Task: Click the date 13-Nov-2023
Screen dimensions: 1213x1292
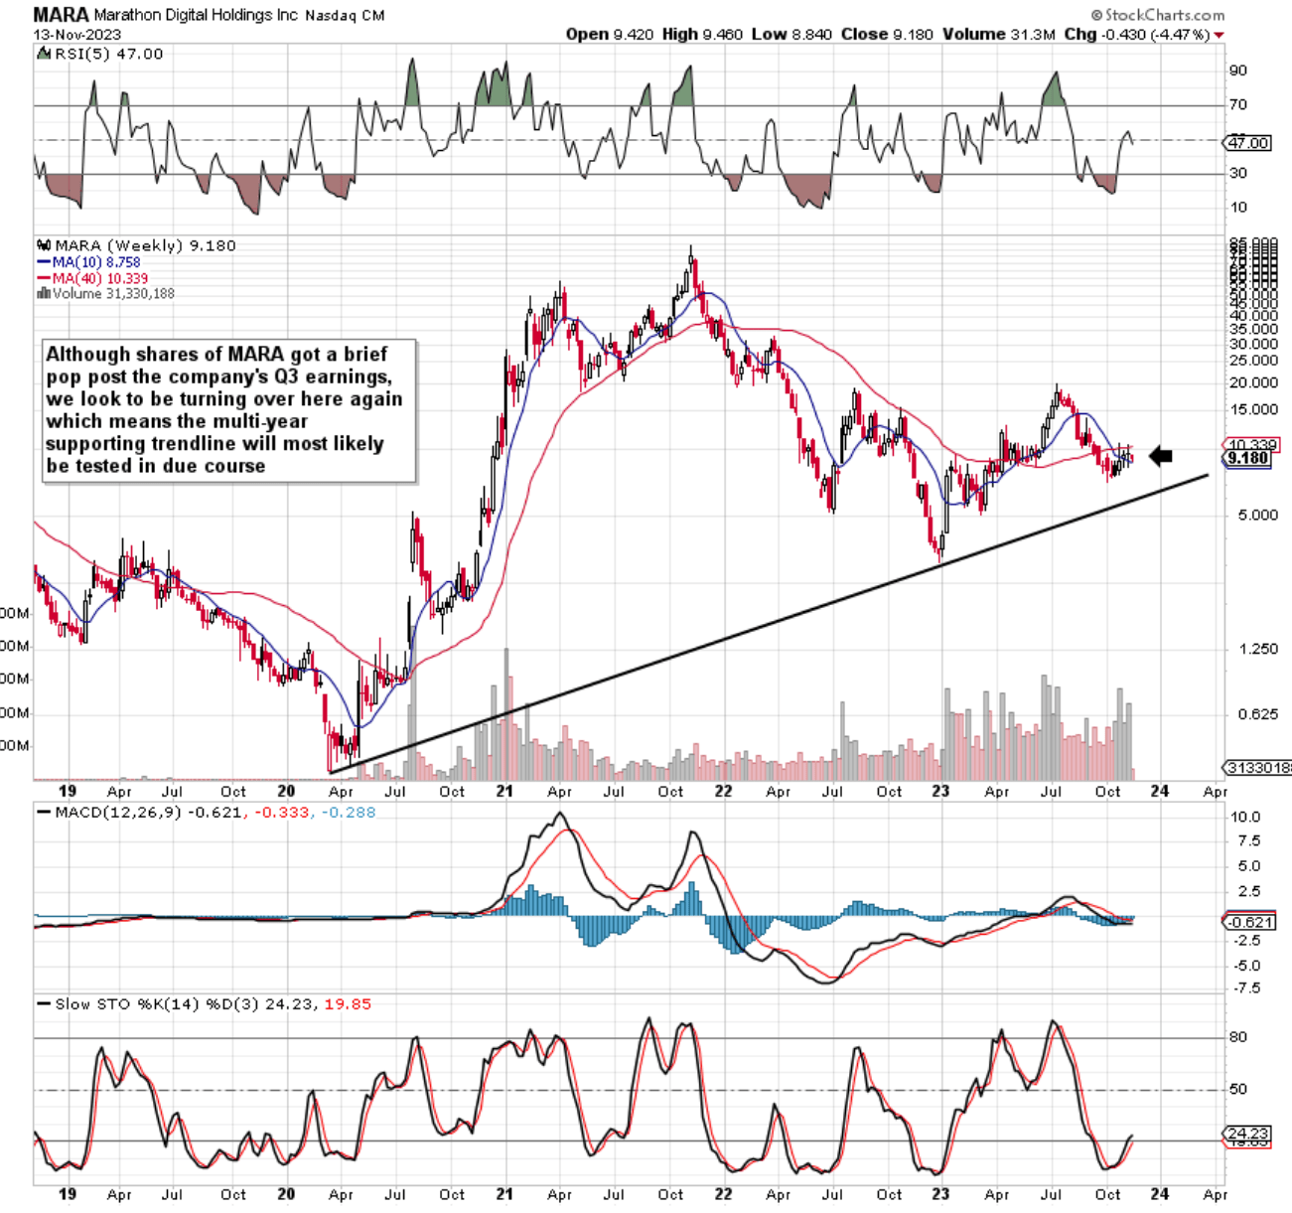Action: tap(77, 34)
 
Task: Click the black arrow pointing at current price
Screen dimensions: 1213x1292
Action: tap(1161, 456)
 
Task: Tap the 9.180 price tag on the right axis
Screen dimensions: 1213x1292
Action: tap(1248, 458)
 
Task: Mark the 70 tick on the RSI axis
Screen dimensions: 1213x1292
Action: tap(1238, 104)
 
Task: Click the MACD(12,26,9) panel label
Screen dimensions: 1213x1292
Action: tap(118, 812)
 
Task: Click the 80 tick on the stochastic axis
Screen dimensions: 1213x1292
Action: tap(1238, 1037)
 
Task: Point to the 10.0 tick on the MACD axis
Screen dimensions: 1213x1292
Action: tap(1245, 818)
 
